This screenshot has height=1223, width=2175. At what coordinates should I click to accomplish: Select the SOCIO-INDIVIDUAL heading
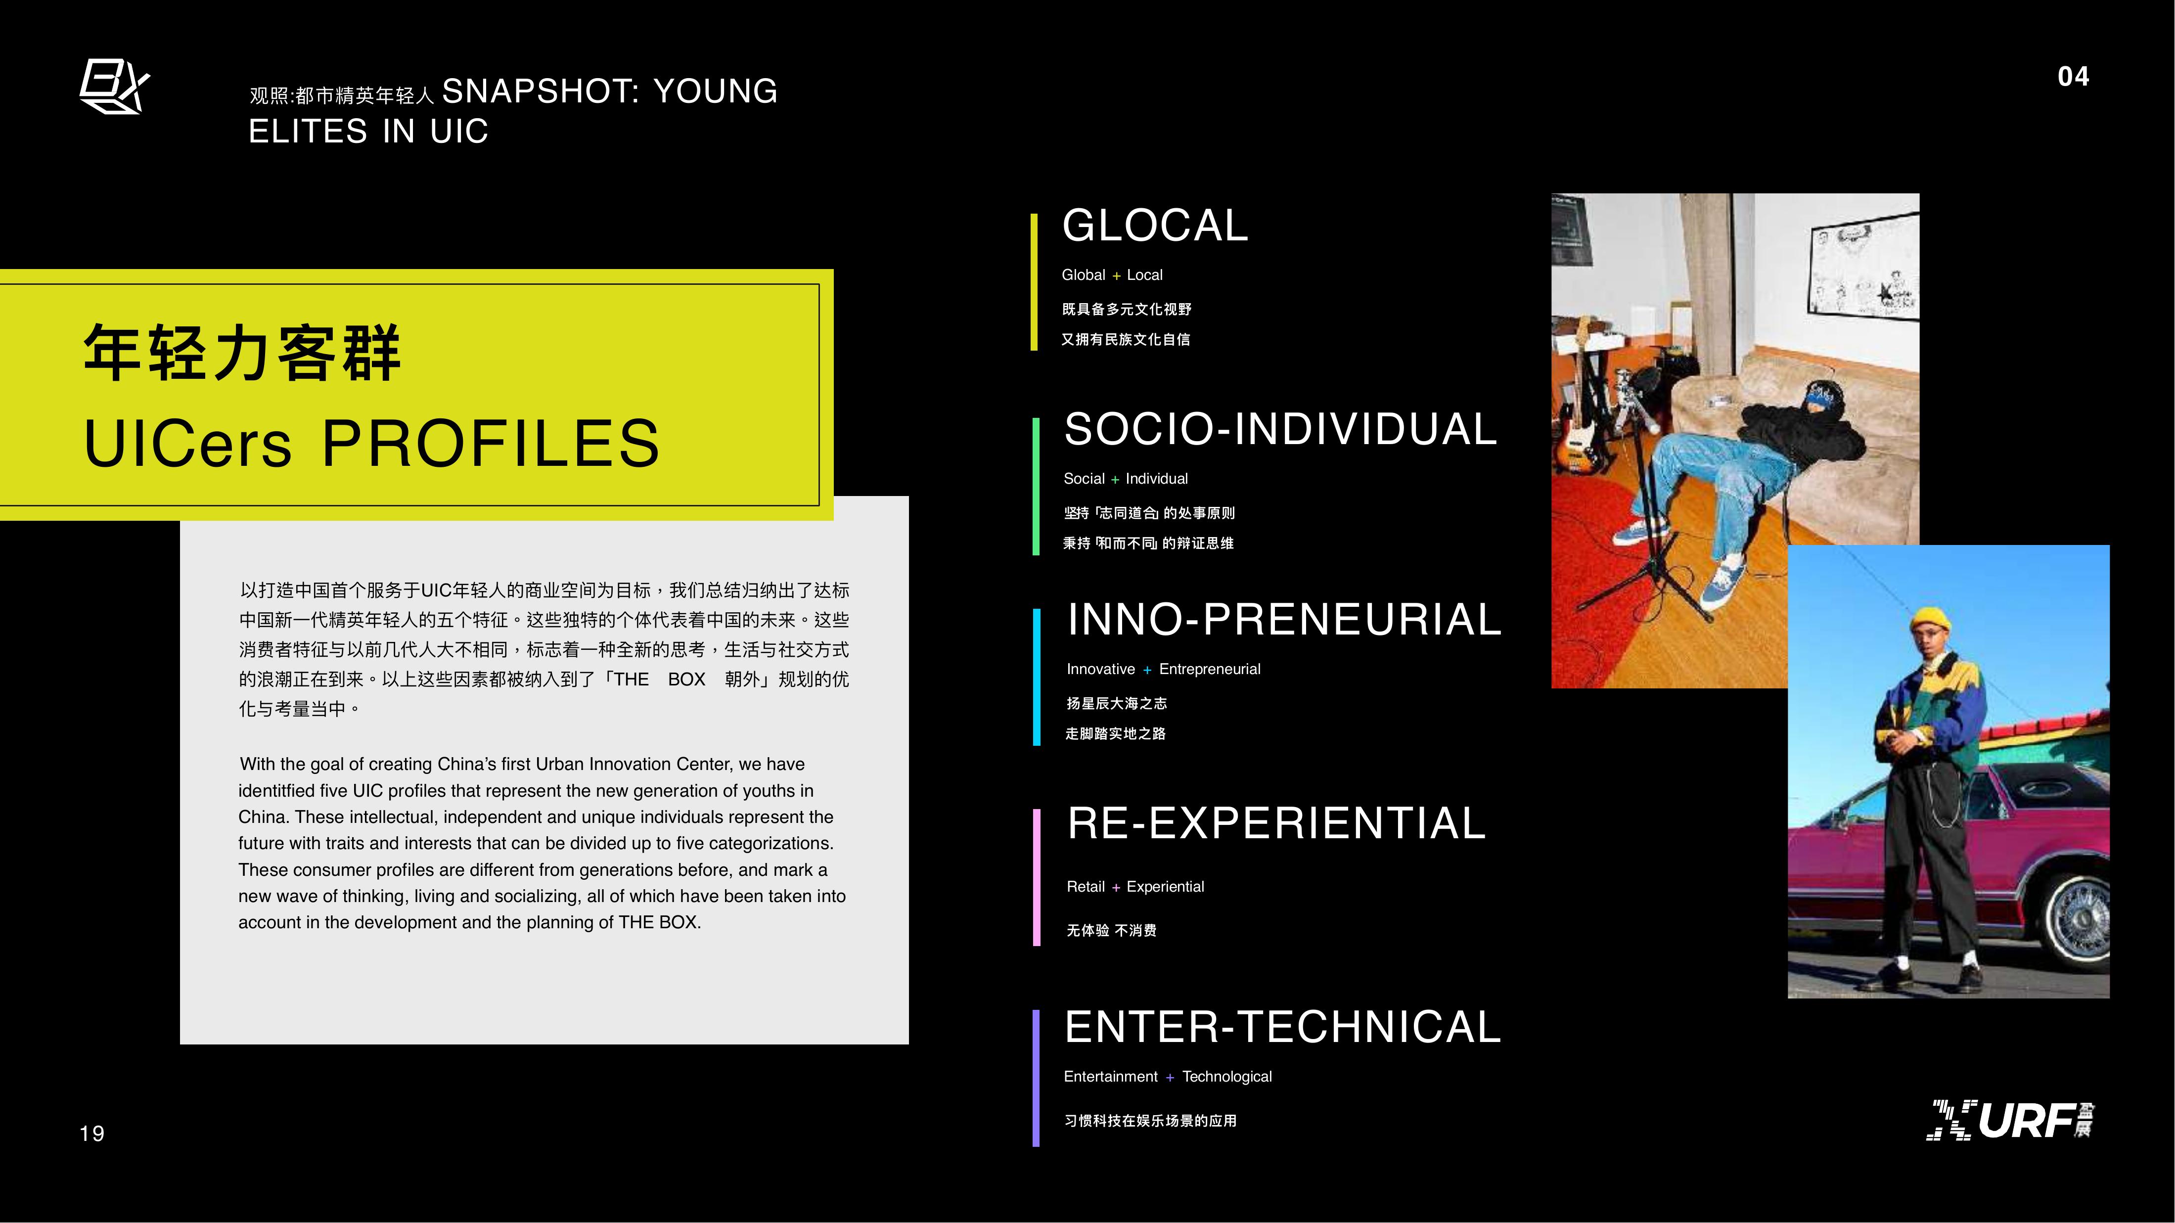(x=1280, y=429)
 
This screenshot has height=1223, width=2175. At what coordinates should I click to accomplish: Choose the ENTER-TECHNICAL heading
(x=1282, y=1027)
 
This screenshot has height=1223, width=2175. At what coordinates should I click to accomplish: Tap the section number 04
(x=2073, y=77)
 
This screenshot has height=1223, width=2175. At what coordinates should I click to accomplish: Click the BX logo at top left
(x=114, y=85)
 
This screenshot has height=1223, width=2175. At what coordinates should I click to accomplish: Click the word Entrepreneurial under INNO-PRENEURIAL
(x=1209, y=669)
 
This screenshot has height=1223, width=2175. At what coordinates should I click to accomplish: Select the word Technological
(x=1227, y=1077)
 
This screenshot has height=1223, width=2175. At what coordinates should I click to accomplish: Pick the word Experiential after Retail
(x=1165, y=887)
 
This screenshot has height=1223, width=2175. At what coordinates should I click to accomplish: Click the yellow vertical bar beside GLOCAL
(x=1034, y=282)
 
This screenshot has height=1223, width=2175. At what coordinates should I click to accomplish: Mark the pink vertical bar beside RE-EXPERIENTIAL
(x=1036, y=877)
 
